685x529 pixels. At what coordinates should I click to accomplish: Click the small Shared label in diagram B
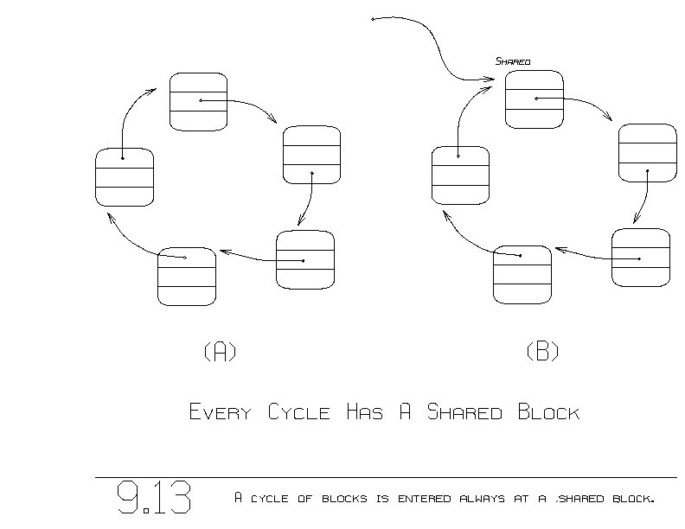coord(512,61)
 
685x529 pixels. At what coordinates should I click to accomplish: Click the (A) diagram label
coord(219,352)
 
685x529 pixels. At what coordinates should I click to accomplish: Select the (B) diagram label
coord(542,352)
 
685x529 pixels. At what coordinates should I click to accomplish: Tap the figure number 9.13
coord(154,499)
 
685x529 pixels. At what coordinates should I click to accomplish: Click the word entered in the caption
coord(395,499)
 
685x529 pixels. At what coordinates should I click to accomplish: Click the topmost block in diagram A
coord(198,102)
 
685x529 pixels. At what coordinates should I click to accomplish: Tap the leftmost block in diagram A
coord(125,176)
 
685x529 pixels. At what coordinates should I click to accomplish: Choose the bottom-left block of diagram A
coord(186,276)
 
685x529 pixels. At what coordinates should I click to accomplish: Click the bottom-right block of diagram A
coord(304,259)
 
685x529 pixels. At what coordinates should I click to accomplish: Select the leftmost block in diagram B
coord(460,175)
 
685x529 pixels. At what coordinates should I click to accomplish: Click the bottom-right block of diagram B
coord(640,258)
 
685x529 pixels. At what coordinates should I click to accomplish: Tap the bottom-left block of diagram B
coord(522,274)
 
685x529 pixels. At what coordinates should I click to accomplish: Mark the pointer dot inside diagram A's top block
coord(201,100)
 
